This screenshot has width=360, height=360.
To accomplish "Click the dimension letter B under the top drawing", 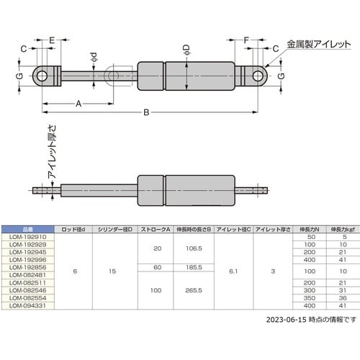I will coord(147,112).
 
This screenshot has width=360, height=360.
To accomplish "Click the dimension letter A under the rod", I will coord(77,104).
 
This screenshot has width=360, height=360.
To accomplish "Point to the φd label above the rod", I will coord(94,56).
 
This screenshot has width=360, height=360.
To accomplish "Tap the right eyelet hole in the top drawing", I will coord(256,75).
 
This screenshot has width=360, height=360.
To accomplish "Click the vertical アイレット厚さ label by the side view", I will coord(51,158).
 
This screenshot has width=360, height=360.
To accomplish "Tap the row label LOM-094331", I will coord(28,305).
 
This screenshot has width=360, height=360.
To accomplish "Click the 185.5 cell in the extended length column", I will coord(192,266).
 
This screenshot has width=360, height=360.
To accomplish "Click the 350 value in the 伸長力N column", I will coord(312,297).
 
